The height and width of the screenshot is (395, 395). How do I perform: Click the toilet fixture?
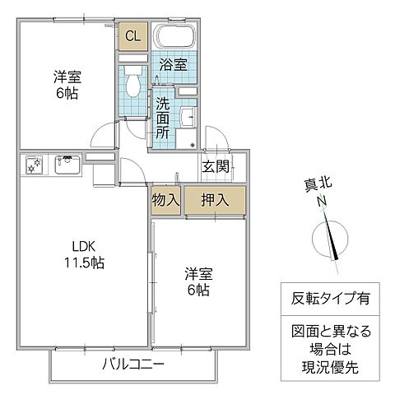pos(132,82)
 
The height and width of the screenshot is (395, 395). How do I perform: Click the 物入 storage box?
pos(165,200)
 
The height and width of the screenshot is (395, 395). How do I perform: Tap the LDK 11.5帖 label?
pos(84,255)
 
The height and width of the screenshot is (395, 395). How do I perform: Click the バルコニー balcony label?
pos(132,363)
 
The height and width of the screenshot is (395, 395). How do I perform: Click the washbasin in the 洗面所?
pos(185,116)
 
